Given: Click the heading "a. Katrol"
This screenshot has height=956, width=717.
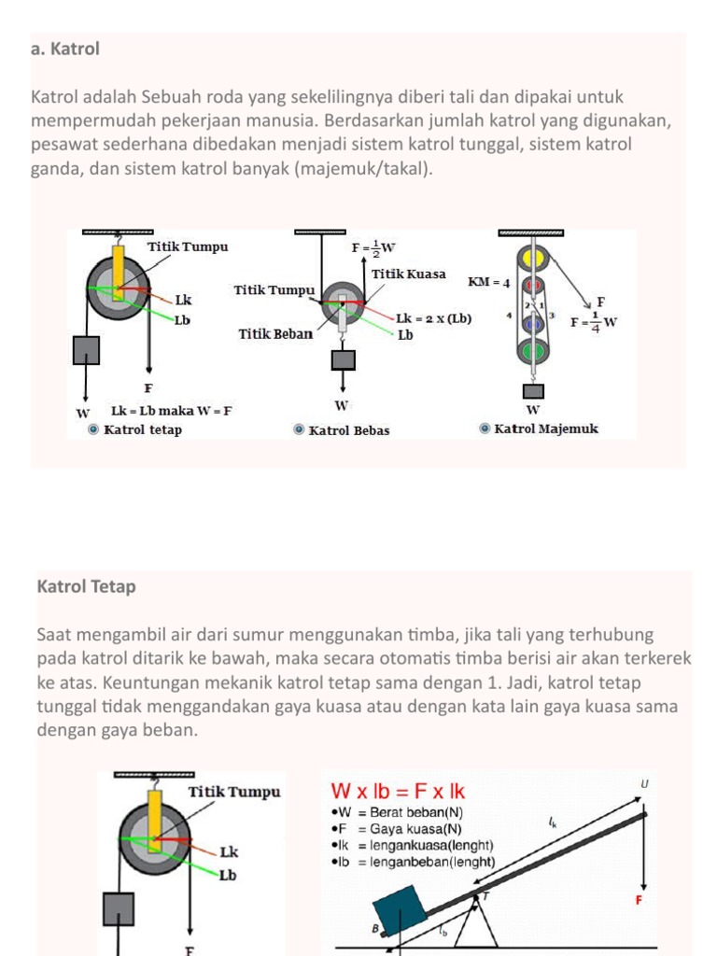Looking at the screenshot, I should [x=65, y=49].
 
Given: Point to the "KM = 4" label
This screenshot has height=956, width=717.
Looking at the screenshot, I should [x=488, y=282].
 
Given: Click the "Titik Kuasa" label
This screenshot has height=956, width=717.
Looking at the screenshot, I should [x=408, y=274].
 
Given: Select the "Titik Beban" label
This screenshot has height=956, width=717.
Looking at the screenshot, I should [x=275, y=334].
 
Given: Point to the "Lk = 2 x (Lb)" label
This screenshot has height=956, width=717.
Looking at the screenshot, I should [x=433, y=318].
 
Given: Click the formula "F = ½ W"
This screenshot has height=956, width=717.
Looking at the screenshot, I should [x=373, y=248].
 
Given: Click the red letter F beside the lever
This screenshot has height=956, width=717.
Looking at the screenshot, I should [x=639, y=900].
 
